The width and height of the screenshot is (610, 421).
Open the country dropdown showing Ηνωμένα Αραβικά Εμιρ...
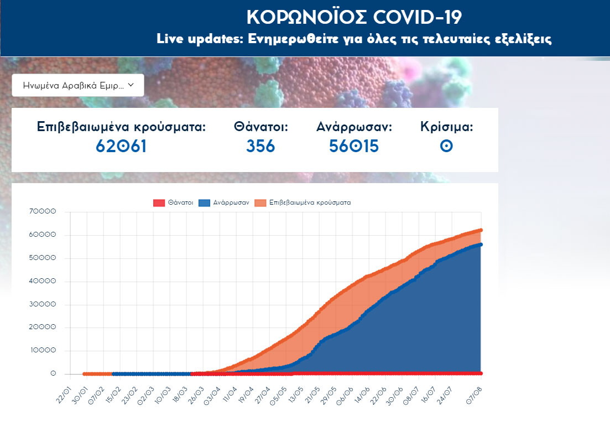pos(78,85)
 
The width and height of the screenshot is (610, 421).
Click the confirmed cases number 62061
pos(121,146)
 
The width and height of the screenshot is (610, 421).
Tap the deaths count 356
pos(260,146)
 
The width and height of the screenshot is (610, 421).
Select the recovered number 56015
pos(354,146)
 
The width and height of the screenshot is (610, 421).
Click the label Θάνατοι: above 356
pos(261,127)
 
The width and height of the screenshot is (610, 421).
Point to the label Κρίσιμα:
pos(446,127)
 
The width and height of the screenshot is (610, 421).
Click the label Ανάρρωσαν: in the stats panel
pos(354,127)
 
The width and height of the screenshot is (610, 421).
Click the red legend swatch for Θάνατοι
pos(159,203)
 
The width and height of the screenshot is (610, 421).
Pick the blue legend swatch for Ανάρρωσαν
pos(205,203)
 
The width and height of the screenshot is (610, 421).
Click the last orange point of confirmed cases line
pos(481,230)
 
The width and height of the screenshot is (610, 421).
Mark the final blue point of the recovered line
pos(481,245)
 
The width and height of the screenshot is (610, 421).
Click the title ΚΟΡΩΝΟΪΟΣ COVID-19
pos(354,17)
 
